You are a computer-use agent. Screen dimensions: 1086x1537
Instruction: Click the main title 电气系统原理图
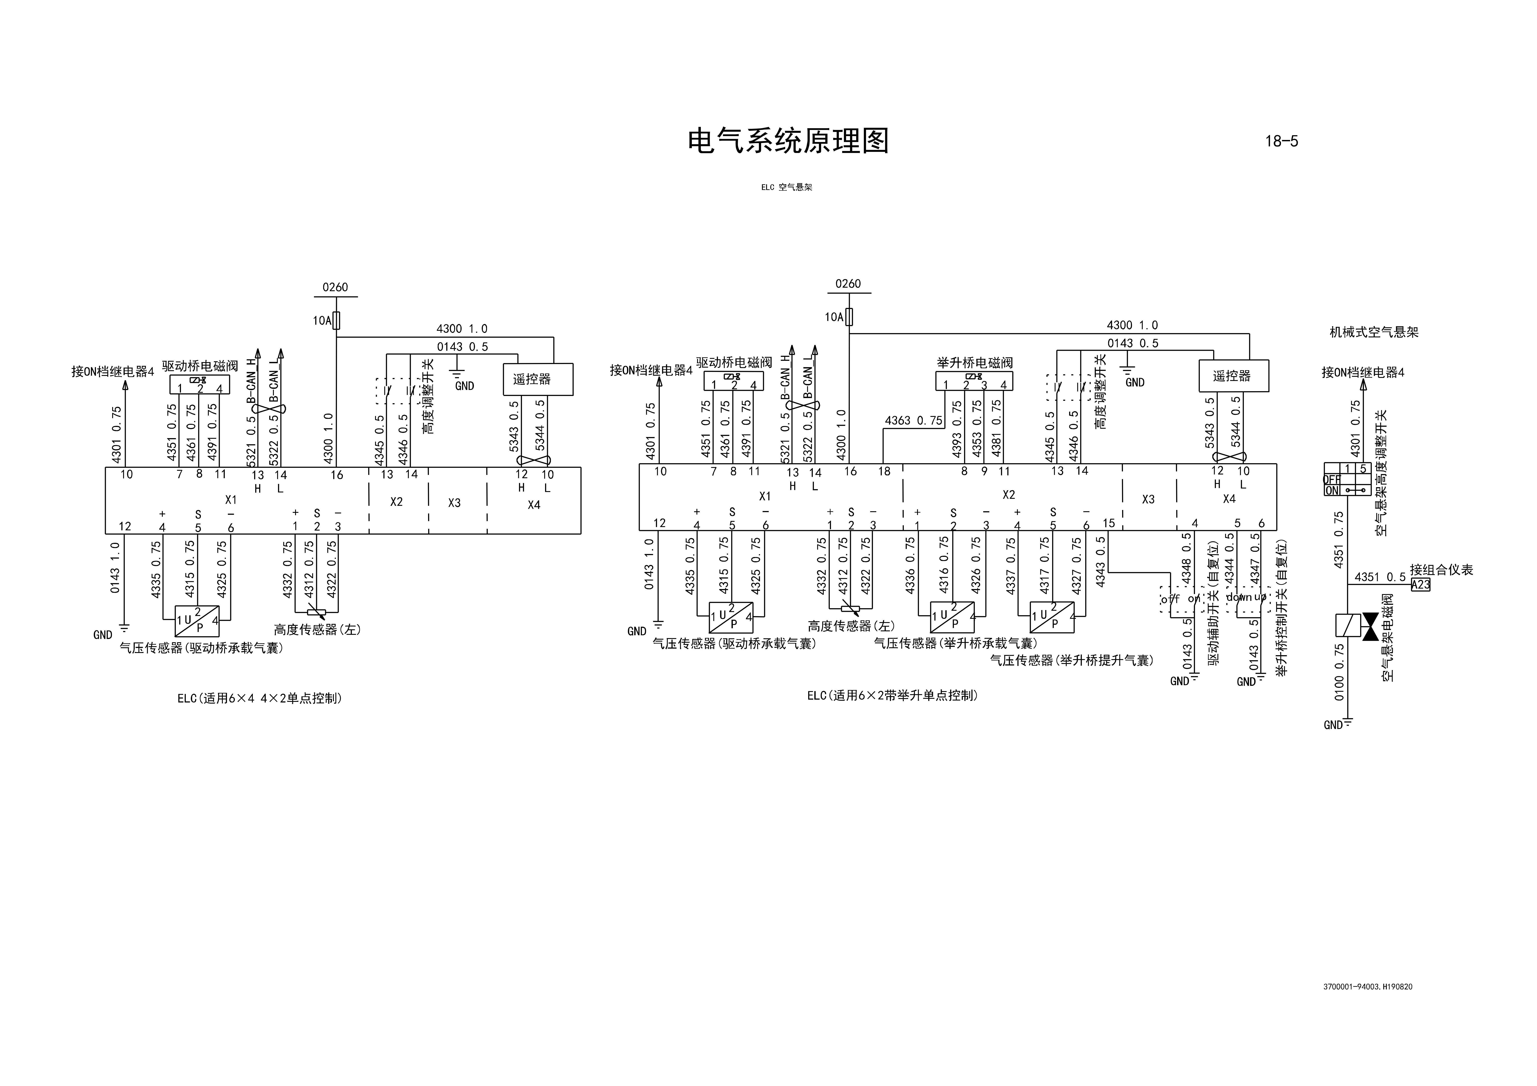coord(788,141)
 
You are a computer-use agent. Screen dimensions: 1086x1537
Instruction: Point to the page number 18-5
coord(1281,141)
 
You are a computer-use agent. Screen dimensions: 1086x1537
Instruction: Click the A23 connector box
coord(1420,584)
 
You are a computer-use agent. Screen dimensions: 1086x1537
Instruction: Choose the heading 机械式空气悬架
coord(1374,332)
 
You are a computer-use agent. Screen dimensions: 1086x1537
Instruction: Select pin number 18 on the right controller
coord(884,471)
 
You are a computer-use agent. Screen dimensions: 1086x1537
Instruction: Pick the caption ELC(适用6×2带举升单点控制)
coord(892,695)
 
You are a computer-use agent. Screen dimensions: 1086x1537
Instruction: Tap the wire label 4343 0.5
coord(1101,562)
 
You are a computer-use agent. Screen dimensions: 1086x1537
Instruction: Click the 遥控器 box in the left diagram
coord(538,379)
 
